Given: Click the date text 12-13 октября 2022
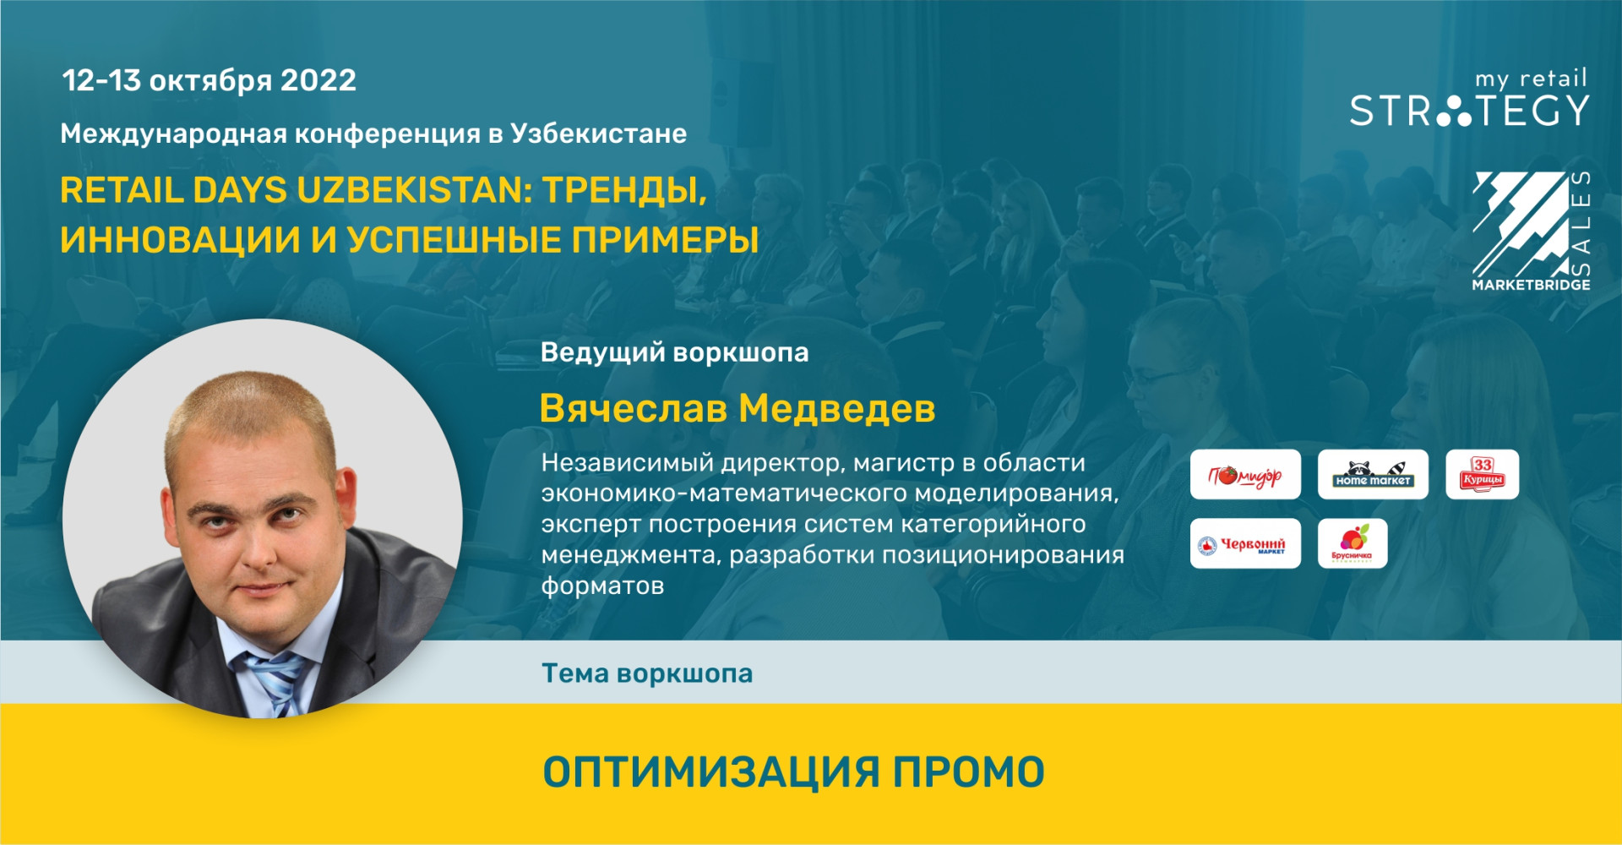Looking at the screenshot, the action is click(x=209, y=81).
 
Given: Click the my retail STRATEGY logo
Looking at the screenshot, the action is click(x=1469, y=99).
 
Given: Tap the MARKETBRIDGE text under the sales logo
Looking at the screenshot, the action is click(x=1531, y=285).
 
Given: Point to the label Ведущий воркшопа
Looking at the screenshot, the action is click(x=674, y=352).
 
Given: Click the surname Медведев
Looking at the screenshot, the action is click(x=837, y=409).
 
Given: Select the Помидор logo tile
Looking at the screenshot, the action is click(x=1245, y=475).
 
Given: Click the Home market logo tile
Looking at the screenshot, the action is click(x=1373, y=475).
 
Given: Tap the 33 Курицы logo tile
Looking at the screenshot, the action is click(x=1483, y=475).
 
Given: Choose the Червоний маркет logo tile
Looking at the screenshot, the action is click(x=1245, y=543).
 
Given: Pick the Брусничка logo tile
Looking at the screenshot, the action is click(x=1353, y=543).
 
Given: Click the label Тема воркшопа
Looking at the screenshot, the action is click(x=647, y=673).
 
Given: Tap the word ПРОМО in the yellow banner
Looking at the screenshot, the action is click(x=969, y=772).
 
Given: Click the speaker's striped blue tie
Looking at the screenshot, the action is click(x=272, y=680).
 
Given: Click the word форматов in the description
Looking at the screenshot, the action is click(x=602, y=586).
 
